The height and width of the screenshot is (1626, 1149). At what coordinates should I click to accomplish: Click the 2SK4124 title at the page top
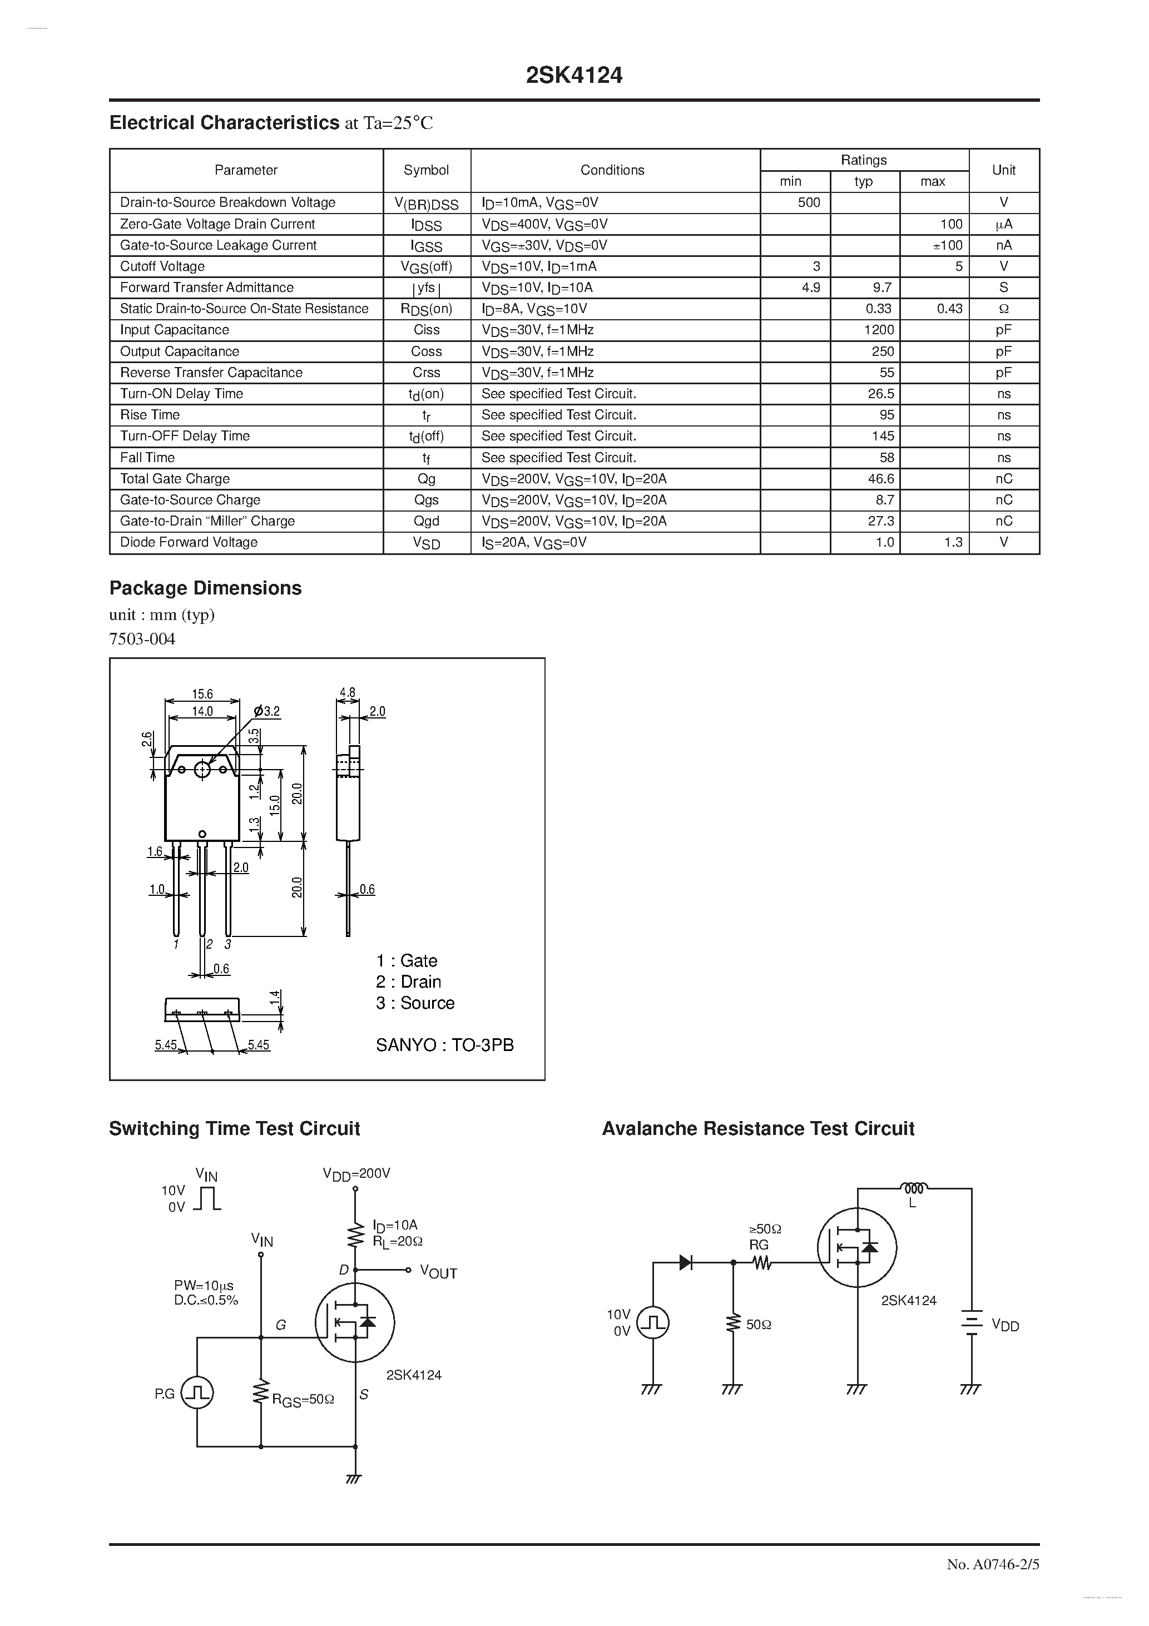point(574,76)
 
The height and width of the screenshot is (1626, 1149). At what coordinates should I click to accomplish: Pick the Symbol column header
point(427,170)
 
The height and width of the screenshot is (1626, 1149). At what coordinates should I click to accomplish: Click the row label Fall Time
point(147,458)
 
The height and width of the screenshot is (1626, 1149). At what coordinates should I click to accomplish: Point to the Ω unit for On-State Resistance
point(1003,309)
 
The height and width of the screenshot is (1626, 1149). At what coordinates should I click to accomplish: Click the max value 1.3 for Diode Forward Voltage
point(953,543)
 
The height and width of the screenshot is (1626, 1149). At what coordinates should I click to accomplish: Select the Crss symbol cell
point(427,373)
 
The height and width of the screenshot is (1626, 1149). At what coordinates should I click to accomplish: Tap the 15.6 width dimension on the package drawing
point(202,694)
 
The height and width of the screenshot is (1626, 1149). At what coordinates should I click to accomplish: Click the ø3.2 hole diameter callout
point(267,711)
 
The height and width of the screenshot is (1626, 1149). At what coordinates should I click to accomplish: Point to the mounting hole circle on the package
point(202,769)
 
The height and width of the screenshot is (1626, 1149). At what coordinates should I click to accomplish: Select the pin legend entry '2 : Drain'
point(409,981)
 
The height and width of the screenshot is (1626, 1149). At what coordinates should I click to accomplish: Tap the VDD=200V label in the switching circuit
point(356,1173)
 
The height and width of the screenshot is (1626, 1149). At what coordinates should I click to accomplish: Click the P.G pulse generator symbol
point(197,1394)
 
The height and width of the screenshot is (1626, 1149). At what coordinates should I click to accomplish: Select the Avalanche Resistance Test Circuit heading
point(758,1129)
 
